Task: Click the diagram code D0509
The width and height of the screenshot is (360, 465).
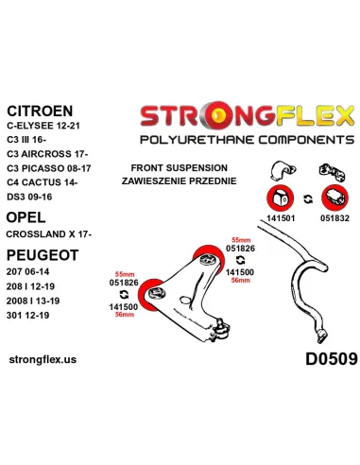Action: (332, 359)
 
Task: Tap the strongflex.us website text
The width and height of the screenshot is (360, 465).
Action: (43, 359)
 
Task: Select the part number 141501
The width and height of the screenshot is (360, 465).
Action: (281, 218)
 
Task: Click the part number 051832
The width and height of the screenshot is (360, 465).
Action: (334, 218)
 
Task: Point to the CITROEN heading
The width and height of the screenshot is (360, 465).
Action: (40, 111)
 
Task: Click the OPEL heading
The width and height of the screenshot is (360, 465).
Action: (26, 217)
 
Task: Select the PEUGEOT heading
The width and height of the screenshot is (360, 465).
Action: (43, 255)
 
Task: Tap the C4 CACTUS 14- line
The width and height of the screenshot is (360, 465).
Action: (42, 182)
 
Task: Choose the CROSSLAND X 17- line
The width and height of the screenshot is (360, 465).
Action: (49, 234)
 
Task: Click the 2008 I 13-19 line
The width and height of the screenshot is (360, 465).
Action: (33, 301)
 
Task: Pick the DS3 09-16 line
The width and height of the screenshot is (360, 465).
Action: (29, 197)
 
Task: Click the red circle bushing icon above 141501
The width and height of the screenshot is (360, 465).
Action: (281, 198)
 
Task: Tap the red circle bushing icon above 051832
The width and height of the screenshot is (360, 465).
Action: (334, 198)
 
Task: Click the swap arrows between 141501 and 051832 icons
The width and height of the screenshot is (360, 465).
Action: (308, 198)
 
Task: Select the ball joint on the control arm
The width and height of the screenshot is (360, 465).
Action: (221, 329)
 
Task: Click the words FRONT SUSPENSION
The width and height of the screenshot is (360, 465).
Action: (180, 168)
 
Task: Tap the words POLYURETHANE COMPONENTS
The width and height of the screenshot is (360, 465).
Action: (248, 140)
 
